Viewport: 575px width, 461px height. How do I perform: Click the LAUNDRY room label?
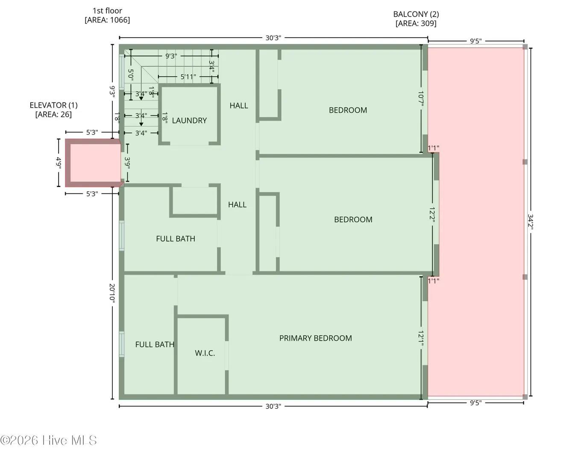tap(189, 121)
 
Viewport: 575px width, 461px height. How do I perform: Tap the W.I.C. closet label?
tap(205, 353)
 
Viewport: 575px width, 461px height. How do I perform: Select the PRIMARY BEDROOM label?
tap(316, 338)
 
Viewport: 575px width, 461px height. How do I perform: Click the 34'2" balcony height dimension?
tap(531, 222)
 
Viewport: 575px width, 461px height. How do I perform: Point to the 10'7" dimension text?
tap(421, 99)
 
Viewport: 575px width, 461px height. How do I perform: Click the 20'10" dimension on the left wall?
tap(112, 293)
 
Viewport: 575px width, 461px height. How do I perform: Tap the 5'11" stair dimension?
tap(188, 77)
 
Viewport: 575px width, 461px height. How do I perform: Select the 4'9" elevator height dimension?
tap(59, 163)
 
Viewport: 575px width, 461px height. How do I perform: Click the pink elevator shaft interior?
tap(95, 163)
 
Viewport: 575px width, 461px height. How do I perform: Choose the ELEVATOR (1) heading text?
tap(54, 105)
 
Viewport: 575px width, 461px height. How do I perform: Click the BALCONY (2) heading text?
tap(416, 14)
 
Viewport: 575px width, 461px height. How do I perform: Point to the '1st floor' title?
tap(107, 11)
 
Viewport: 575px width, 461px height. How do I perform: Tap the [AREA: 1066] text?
tap(107, 20)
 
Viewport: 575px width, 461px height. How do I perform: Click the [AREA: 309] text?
tap(416, 23)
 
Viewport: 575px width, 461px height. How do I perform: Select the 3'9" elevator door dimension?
tap(127, 163)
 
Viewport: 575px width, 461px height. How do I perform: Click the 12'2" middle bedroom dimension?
tap(432, 213)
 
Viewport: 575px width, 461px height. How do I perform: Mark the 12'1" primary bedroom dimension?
tap(421, 338)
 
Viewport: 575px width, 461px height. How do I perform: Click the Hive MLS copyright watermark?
tap(48, 441)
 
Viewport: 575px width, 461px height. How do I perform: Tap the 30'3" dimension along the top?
tap(273, 38)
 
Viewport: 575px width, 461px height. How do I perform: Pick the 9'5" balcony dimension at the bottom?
tap(476, 403)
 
